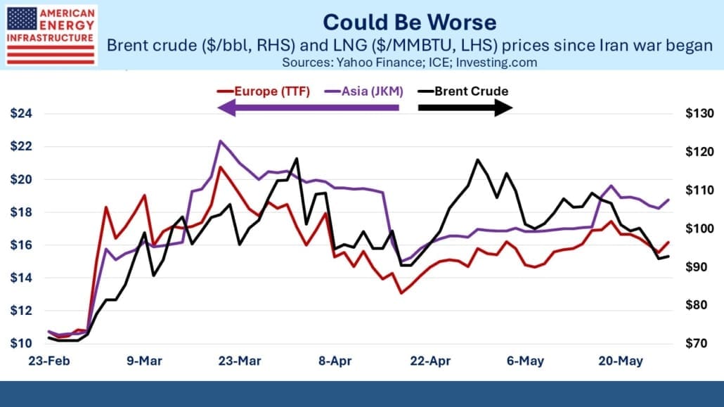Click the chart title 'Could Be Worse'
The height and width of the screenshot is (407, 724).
click(410, 22)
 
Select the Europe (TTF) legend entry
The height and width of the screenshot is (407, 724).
click(264, 91)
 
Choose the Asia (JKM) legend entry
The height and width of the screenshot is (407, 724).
click(364, 91)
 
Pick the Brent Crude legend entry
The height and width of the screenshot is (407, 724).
click(463, 91)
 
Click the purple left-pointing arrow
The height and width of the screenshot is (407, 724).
click(308, 108)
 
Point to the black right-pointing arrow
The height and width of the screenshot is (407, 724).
click(465, 108)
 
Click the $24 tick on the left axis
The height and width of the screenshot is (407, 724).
click(21, 113)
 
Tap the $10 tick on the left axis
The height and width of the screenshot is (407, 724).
click(21, 343)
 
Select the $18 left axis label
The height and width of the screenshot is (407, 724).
click(21, 212)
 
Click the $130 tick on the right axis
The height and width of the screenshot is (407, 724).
click(699, 113)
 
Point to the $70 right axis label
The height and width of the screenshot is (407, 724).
click(696, 343)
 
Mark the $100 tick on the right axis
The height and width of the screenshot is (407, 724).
click(699, 228)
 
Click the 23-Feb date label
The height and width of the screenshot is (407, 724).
click(49, 361)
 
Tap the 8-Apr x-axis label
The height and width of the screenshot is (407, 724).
click(335, 361)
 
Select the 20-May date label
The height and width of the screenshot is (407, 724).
click(621, 361)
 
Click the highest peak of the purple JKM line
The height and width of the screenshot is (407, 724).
click(220, 141)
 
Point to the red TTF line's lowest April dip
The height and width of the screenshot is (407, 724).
click(401, 293)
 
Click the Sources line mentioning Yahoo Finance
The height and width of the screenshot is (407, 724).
click(410, 63)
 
